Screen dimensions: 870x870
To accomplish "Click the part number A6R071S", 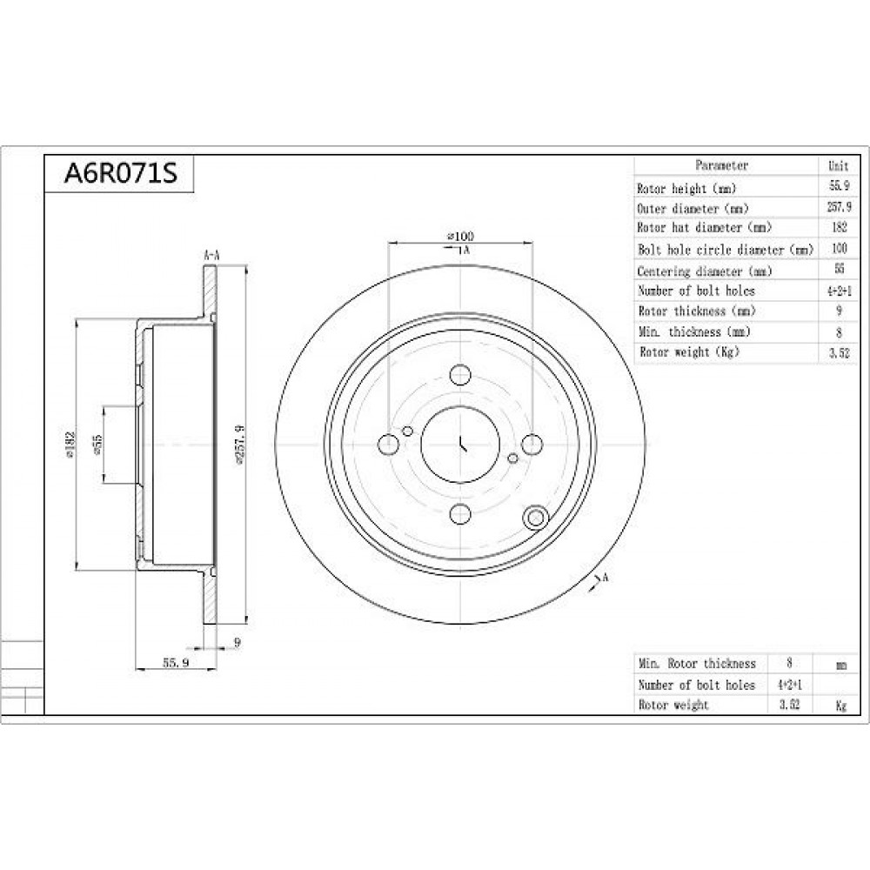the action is click(x=120, y=174).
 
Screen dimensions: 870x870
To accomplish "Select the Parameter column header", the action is click(x=721, y=165).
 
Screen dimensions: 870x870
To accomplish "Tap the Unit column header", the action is click(x=839, y=166).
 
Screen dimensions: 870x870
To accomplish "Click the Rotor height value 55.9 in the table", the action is click(x=839, y=185).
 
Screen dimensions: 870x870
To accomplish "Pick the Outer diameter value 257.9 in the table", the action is click(x=839, y=207).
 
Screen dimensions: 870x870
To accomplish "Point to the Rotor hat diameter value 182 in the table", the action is click(x=840, y=227).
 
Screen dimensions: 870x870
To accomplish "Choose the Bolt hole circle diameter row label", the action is click(x=726, y=250).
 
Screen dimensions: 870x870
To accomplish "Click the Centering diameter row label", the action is click(x=705, y=271).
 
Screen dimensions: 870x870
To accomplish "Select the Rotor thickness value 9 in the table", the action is click(x=839, y=311).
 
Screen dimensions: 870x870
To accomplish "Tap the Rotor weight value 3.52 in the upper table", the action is click(x=839, y=353).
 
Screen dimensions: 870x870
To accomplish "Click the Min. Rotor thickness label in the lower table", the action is click(x=697, y=664).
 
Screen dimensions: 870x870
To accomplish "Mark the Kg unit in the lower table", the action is click(x=841, y=706).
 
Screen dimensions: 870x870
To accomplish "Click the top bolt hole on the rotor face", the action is click(x=460, y=374).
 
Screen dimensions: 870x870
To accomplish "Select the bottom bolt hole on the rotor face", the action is click(x=460, y=514).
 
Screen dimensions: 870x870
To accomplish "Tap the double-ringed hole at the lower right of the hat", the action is click(x=535, y=518).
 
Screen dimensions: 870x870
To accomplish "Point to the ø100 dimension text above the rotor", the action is click(x=460, y=237).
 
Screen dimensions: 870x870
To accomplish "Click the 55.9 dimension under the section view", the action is click(x=176, y=662).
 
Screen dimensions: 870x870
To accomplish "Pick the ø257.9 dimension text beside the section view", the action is click(x=240, y=444).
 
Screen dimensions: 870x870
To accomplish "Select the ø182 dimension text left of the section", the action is click(x=70, y=445).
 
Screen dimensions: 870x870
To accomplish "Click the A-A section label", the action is click(x=212, y=256).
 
